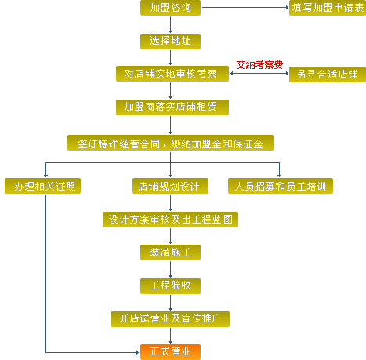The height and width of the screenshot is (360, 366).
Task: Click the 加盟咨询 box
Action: pos(170,8)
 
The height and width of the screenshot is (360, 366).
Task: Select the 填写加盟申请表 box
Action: pos(328,8)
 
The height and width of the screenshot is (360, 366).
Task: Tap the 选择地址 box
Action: pos(170,42)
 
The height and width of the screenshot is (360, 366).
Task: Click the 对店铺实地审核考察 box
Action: pos(172,74)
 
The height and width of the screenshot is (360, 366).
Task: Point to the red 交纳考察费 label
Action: pos(259,65)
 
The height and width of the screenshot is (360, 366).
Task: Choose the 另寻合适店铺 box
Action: pos(328,75)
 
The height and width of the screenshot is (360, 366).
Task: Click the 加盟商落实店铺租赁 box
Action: pos(172,107)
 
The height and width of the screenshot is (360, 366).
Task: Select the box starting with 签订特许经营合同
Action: pos(170,143)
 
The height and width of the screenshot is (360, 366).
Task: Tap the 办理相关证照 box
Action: pos(42,186)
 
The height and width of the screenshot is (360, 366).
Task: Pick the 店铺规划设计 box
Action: pos(170,186)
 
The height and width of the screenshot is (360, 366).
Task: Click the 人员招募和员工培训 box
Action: pos(281,186)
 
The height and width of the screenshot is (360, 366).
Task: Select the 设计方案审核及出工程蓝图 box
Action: pos(170,220)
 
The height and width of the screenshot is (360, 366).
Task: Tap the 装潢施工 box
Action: pos(170,253)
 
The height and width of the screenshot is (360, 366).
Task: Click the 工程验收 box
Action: pos(170,286)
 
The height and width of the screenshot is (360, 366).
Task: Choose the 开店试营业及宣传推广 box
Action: pos(170,319)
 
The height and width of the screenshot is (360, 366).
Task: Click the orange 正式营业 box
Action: pos(170,352)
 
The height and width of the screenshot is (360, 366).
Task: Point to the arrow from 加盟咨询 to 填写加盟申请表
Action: pos(245,7)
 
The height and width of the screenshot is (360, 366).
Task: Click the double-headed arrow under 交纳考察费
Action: pos(259,74)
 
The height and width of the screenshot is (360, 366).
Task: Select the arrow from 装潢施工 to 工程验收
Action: pos(171,269)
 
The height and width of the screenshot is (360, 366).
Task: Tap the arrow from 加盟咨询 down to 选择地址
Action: pos(171,24)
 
